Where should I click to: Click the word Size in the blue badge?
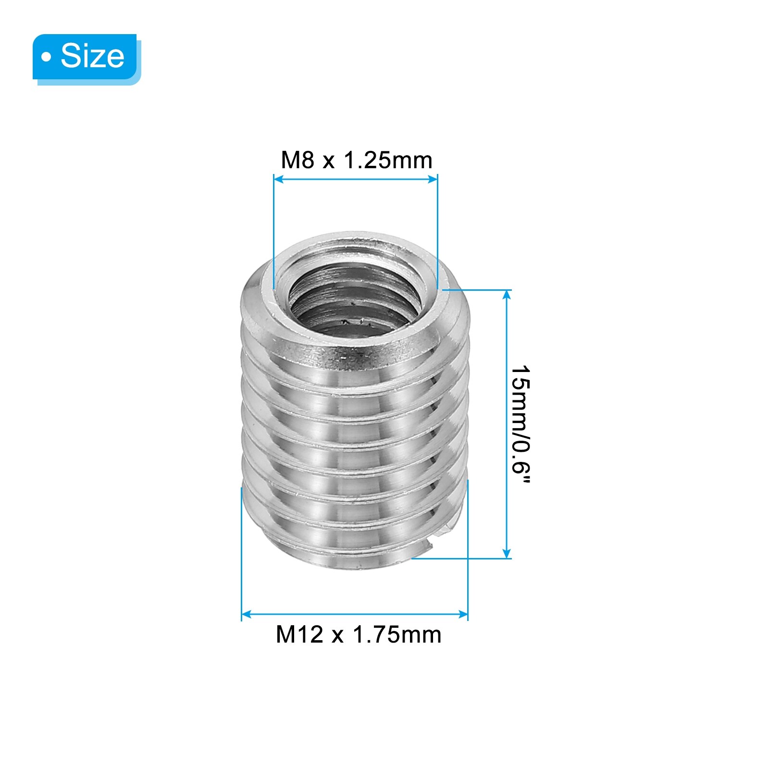pos(92,56)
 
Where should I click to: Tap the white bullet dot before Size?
pos(46,57)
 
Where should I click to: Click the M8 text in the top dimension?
pos(298,160)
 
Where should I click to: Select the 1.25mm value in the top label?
pos(388,160)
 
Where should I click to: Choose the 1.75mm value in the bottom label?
pos(397,634)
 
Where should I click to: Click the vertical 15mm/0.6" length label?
pos(520,425)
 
